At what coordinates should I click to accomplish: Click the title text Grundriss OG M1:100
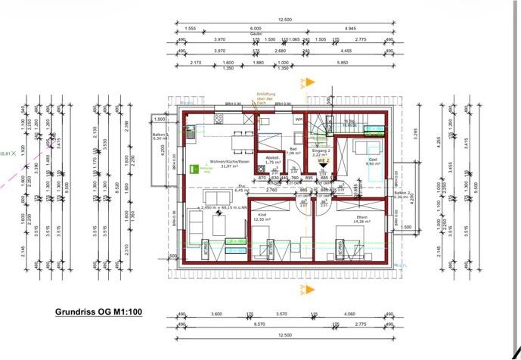[x=99, y=311]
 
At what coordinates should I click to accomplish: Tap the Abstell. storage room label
[x=273, y=158]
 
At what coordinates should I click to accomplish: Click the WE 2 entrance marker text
[x=324, y=161]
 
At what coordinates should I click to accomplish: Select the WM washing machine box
[x=299, y=119]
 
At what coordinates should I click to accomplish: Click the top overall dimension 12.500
[x=284, y=20]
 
